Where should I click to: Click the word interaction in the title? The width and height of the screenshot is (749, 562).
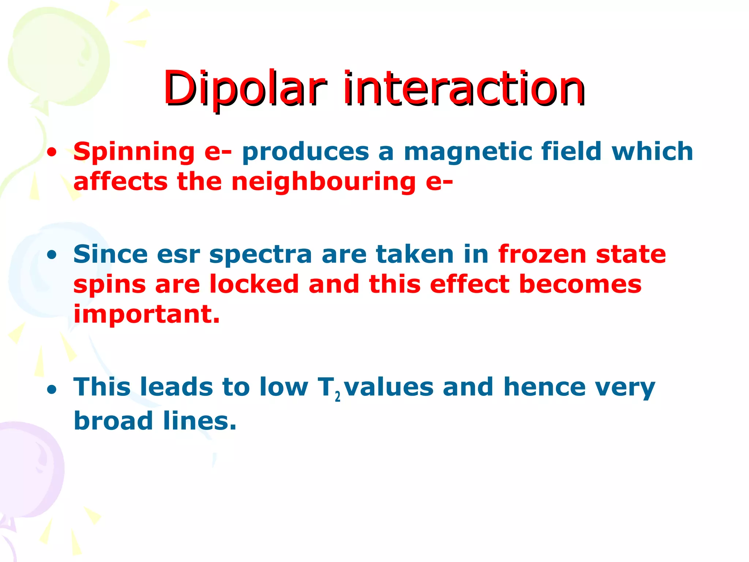[x=464, y=89]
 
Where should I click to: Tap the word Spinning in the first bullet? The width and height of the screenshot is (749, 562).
[x=134, y=152]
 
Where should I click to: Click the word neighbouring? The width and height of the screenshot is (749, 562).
[x=323, y=182]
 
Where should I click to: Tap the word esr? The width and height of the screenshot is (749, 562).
[x=178, y=255]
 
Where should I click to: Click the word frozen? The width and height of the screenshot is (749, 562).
[x=542, y=255]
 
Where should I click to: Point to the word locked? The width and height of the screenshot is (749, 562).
[x=254, y=284]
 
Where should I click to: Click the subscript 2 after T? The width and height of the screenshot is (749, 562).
[x=337, y=396]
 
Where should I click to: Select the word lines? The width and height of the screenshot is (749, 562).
[x=200, y=421]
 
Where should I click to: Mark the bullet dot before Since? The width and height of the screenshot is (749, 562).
[x=52, y=255]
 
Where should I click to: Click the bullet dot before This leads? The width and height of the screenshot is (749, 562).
[x=52, y=390]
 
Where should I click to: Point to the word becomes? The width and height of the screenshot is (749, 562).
[x=580, y=284]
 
